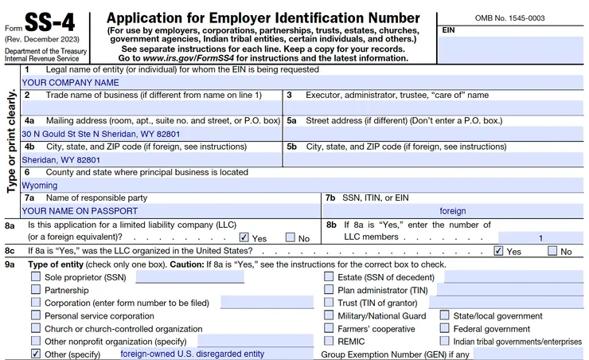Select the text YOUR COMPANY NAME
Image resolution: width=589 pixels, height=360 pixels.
[x=71, y=82]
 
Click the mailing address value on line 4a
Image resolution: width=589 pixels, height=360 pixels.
[x=101, y=134]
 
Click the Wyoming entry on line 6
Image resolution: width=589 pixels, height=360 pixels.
[x=40, y=186]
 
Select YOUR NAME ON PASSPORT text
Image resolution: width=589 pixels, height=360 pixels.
[x=80, y=211]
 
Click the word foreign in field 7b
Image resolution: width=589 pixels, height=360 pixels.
[x=453, y=211]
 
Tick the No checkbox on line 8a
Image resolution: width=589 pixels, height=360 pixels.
[x=291, y=237]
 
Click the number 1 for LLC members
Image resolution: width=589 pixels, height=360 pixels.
[x=541, y=237]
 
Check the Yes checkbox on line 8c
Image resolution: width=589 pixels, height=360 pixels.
[x=499, y=251]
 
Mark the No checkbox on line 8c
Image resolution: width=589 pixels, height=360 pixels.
[x=552, y=251]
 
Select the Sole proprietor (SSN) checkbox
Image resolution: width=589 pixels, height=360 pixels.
[x=36, y=277]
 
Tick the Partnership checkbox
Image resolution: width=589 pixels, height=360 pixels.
[x=36, y=290]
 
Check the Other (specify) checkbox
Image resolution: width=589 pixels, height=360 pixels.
[x=36, y=353]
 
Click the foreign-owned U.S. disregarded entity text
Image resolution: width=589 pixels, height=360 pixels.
[x=192, y=353]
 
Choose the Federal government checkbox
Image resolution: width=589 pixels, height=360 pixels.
[x=445, y=328]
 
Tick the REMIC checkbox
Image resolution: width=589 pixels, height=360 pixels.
[x=329, y=341]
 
